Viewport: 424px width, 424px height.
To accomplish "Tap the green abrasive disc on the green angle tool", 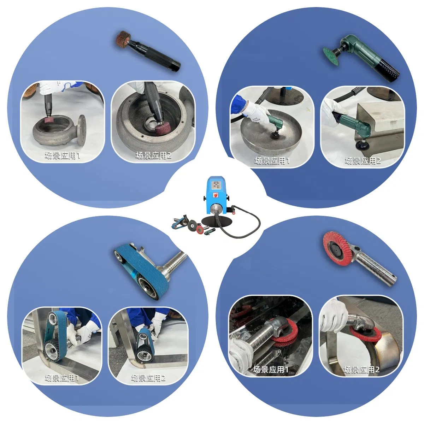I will click(x=331, y=53).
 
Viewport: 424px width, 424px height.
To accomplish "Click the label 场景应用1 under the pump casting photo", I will click(x=63, y=155).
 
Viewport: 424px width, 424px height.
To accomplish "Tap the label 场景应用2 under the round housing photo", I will click(x=153, y=155).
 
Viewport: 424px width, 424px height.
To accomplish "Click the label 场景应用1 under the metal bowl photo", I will click(x=272, y=161).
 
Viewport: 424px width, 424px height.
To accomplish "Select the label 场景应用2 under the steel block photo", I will click(x=363, y=161).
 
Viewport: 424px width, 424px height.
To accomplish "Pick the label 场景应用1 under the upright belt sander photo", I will click(x=62, y=378).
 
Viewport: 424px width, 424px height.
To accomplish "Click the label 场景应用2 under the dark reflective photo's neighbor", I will click(x=361, y=370).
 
